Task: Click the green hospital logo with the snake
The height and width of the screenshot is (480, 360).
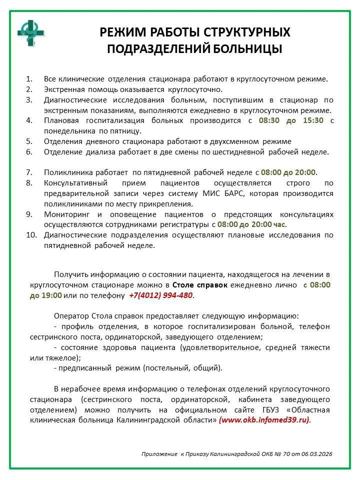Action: pyautogui.click(x=31, y=32)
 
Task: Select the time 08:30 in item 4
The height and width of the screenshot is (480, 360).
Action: pyautogui.click(x=270, y=120)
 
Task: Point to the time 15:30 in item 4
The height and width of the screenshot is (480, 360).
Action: pyautogui.click(x=312, y=120)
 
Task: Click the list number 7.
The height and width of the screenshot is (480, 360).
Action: pyautogui.click(x=29, y=172)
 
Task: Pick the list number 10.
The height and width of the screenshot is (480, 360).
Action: pyautogui.click(x=31, y=235)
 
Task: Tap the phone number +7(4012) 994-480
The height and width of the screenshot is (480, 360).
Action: pyautogui.click(x=160, y=295)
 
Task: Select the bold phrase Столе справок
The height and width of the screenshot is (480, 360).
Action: pyautogui.click(x=200, y=284)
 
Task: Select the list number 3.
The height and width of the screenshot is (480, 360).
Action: pyautogui.click(x=29, y=99)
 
